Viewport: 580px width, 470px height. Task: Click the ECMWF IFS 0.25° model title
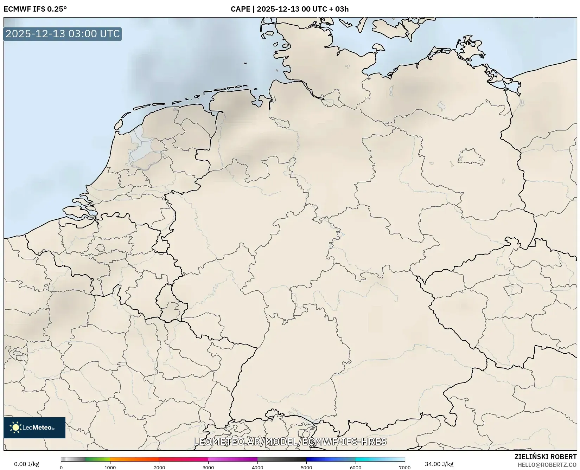click(35, 9)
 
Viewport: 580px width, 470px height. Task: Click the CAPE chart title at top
click(289, 9)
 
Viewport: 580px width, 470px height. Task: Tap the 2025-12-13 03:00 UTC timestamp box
click(63, 34)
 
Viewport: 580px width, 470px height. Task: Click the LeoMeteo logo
click(34, 427)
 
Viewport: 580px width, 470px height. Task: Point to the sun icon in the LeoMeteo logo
click(15, 427)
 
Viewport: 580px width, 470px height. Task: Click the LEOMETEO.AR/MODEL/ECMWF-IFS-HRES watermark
click(290, 442)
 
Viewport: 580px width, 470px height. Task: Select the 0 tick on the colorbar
click(61, 467)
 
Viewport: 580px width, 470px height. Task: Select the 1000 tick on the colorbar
click(110, 467)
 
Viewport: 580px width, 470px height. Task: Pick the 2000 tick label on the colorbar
click(159, 467)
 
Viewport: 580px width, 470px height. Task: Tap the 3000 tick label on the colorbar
click(208, 467)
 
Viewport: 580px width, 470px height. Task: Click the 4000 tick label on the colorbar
click(257, 467)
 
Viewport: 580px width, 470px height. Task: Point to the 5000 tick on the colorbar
click(306, 467)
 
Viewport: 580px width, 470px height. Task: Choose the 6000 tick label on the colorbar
click(356, 467)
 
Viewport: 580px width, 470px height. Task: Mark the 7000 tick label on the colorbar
click(404, 467)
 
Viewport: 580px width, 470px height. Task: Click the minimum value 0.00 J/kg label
click(26, 464)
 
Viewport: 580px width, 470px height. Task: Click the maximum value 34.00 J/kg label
click(439, 464)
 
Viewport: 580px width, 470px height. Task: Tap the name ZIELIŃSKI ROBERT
click(545, 457)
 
